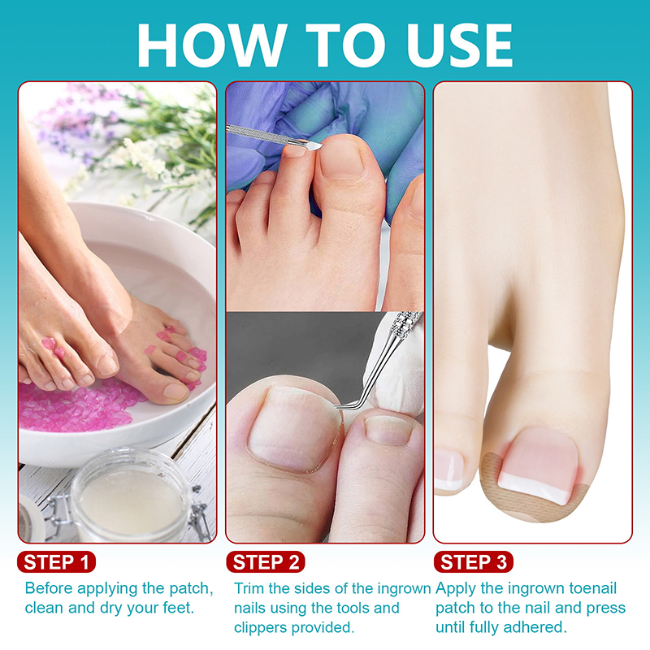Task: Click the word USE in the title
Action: (x=460, y=45)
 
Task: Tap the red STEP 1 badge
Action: (x=56, y=562)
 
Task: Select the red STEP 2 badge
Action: (x=266, y=562)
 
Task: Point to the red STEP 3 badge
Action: (x=474, y=562)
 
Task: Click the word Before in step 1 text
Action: (x=49, y=588)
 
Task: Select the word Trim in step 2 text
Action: (x=249, y=588)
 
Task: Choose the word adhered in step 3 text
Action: (x=537, y=626)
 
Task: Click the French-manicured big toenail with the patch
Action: (x=539, y=466)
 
